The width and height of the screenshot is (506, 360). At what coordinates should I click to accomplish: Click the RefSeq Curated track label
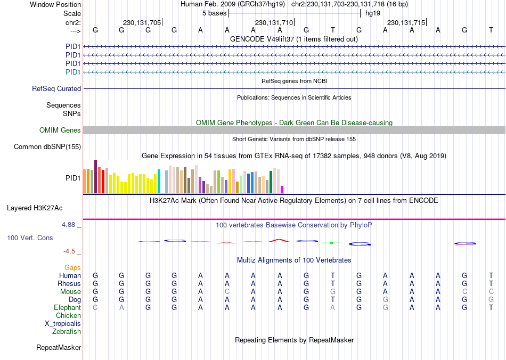[56, 89]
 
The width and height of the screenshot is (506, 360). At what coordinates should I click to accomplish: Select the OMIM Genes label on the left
[60, 130]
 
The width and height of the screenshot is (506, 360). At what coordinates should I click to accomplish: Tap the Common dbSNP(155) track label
[47, 147]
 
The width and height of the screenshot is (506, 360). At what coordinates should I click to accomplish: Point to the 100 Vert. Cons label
[30, 238]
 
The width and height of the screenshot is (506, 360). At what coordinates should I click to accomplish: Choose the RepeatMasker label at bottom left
[59, 348]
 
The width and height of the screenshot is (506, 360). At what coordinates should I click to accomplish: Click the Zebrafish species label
[67, 332]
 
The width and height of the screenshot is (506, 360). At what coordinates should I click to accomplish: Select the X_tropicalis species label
[63, 324]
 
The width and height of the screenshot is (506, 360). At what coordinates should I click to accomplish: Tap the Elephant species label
[67, 308]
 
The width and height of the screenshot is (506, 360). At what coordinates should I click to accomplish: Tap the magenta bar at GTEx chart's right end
[282, 190]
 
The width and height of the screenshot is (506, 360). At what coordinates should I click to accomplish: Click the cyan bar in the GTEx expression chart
[159, 182]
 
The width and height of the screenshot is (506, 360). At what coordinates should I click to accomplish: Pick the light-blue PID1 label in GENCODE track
[73, 72]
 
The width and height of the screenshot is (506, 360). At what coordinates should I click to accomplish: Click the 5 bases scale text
[214, 13]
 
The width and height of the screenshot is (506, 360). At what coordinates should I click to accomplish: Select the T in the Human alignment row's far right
[491, 276]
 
